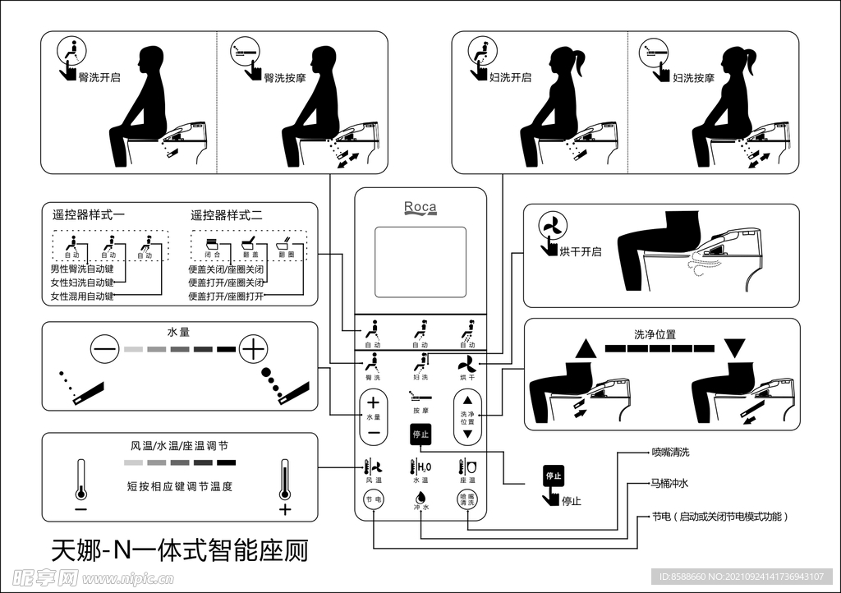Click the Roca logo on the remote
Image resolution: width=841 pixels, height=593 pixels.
(420, 208)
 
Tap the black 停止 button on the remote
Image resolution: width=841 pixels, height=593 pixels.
(420, 435)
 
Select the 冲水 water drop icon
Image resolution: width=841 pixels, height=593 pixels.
(420, 497)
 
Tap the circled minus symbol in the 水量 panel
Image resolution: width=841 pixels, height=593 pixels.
(105, 351)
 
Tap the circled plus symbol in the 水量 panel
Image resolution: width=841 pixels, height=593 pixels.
(253, 351)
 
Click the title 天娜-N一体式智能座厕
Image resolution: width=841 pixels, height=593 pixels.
(180, 549)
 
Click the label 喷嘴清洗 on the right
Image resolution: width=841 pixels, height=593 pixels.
(670, 452)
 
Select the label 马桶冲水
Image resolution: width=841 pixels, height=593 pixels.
(670, 484)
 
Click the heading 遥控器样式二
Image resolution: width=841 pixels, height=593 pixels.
(227, 215)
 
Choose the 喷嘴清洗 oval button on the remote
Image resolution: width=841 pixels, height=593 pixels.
(466, 499)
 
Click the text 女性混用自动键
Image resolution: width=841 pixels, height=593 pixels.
(82, 296)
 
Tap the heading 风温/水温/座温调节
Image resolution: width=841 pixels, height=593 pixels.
(180, 445)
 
